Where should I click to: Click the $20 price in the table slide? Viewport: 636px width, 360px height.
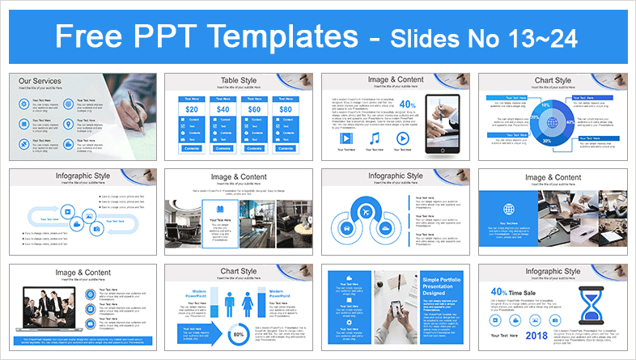pos(192,108)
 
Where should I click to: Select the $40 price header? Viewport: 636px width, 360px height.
pos(223,108)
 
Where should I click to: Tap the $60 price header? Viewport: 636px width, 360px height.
pos(254,108)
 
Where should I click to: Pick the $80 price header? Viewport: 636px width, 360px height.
pos(286,108)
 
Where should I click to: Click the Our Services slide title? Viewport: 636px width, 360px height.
pos(40,81)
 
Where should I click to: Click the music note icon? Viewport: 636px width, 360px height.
pos(374,138)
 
